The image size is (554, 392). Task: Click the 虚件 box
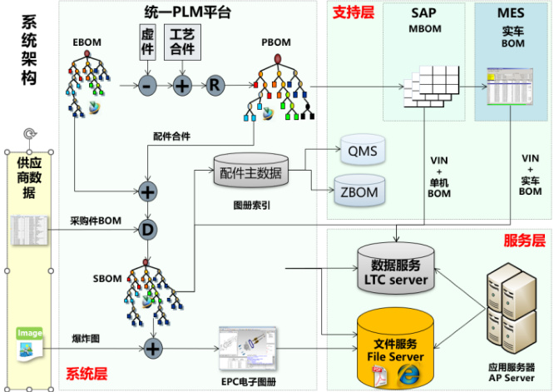147,42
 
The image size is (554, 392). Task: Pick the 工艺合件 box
182,42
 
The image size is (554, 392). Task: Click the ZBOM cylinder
359,191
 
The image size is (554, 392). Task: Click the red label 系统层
87,374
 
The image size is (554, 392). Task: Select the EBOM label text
86,39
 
